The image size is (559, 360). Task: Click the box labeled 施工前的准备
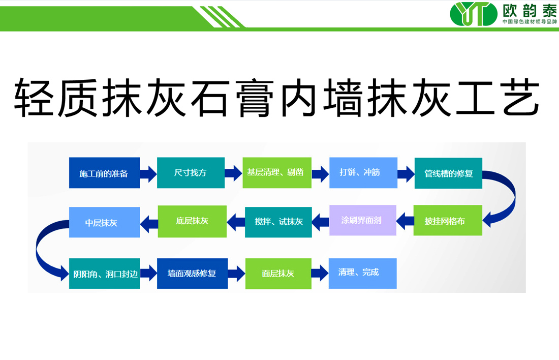pyautogui.click(x=104, y=173)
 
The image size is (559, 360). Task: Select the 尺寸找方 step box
pyautogui.click(x=191, y=173)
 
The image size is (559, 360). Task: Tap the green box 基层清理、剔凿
pyautogui.click(x=276, y=173)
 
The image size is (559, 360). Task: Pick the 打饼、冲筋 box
pyautogui.click(x=362, y=172)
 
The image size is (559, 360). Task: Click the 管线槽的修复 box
pyautogui.click(x=448, y=173)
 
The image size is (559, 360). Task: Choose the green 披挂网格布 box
pyautogui.click(x=447, y=221)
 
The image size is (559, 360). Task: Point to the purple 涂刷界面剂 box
pyautogui.click(x=362, y=220)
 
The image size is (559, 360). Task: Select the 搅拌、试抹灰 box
pyautogui.click(x=278, y=222)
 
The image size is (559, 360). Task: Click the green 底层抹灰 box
pyautogui.click(x=192, y=221)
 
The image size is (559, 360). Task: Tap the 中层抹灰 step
pyautogui.click(x=104, y=222)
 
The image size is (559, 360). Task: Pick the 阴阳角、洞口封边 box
pyautogui.click(x=104, y=274)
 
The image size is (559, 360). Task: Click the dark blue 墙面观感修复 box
pyautogui.click(x=192, y=274)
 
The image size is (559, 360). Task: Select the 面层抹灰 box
pyautogui.click(x=278, y=274)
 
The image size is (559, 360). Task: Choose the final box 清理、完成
pyautogui.click(x=362, y=273)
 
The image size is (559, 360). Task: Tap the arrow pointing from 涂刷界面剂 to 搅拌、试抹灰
pyautogui.click(x=320, y=221)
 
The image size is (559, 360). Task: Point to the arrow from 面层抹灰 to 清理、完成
pyautogui.click(x=320, y=273)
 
